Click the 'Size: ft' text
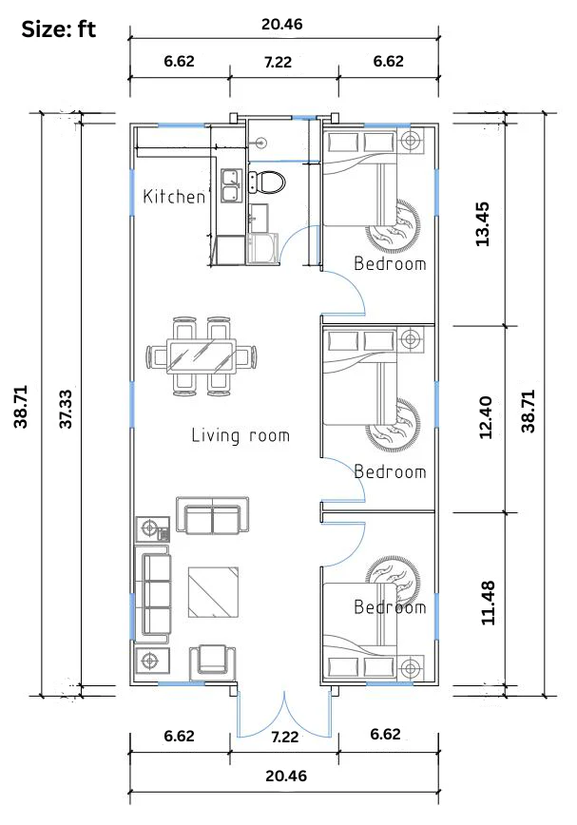[x=58, y=29]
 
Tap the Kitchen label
[x=174, y=197]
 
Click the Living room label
[x=240, y=435]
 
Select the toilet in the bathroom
[x=267, y=182]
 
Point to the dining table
[x=201, y=356]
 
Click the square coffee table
[x=213, y=591]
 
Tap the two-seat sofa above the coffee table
[x=213, y=514]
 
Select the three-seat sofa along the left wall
[x=152, y=594]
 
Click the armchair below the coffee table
[x=213, y=661]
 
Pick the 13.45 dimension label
[x=482, y=224]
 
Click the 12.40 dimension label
[x=486, y=417]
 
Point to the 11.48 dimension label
[x=488, y=603]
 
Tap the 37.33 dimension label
[x=66, y=409]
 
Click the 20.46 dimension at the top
[x=282, y=24]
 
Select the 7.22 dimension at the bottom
[x=284, y=738]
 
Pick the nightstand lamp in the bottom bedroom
[x=411, y=668]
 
